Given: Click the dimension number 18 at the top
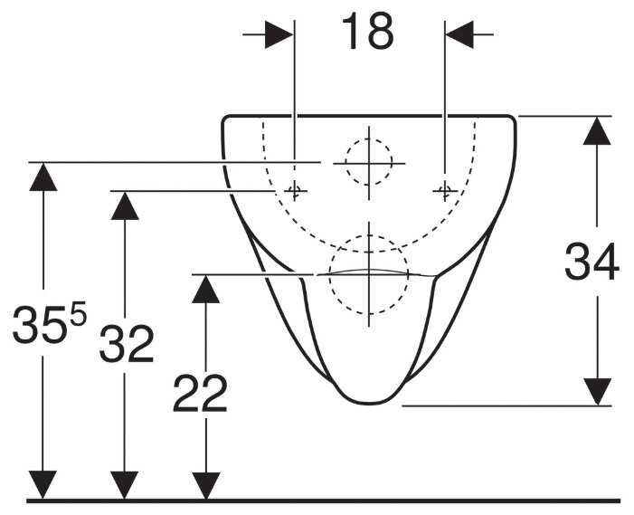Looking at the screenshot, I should (367, 33).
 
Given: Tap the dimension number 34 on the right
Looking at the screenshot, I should (591, 264).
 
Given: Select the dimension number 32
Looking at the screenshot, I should (126, 345).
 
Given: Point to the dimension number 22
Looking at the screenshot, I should (200, 394).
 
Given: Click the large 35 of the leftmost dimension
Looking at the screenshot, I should (37, 327).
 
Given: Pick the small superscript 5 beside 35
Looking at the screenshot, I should (78, 314).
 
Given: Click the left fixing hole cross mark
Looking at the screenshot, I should (294, 190).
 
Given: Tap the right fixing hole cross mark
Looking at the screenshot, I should (443, 190).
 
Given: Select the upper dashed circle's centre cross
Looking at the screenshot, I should (368, 163).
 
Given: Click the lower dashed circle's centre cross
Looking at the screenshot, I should (368, 275).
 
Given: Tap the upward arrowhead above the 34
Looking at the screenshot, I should (595, 132).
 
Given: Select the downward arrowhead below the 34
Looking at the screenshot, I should (595, 391).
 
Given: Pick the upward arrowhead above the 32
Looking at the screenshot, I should (125, 205).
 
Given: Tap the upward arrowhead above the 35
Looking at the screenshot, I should (43, 176).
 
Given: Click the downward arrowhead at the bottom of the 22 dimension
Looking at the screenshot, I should (207, 484).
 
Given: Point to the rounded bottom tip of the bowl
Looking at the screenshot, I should (368, 400).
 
